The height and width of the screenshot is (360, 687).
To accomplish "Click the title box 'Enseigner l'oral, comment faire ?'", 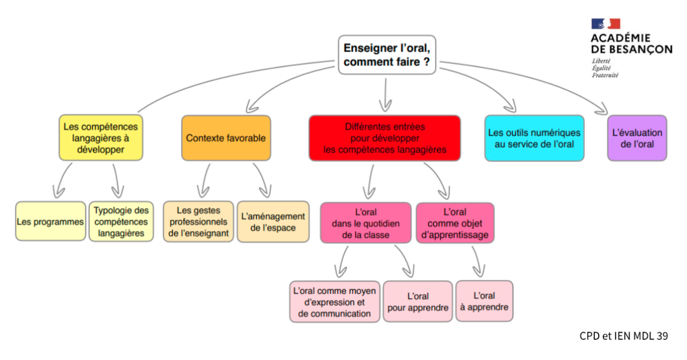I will (386, 54).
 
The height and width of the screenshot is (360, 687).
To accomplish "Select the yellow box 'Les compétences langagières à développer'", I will (101, 137).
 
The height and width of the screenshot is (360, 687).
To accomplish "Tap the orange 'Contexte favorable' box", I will (226, 138).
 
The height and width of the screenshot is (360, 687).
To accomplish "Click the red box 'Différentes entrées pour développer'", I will (385, 138).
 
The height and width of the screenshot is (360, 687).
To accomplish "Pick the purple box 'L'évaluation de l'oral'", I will (637, 138).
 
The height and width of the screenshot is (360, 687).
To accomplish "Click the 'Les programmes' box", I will (50, 221).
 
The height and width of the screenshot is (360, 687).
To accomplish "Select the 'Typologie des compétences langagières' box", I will (121, 221).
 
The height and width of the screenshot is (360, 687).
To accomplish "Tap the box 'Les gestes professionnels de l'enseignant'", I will (199, 221).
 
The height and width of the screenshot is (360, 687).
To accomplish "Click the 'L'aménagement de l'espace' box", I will (273, 221).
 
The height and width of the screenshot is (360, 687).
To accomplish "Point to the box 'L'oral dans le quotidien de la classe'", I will (365, 223).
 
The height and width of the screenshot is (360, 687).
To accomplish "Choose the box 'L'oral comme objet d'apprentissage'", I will (455, 223).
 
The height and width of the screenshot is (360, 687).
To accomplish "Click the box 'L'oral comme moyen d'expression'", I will (334, 302).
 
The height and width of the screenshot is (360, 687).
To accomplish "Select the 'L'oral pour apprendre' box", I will (417, 302).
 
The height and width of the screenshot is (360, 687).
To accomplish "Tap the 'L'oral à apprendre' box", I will (484, 300).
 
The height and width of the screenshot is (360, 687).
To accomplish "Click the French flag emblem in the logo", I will (606, 24).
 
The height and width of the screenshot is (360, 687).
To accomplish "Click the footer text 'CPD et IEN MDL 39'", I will (623, 337).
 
